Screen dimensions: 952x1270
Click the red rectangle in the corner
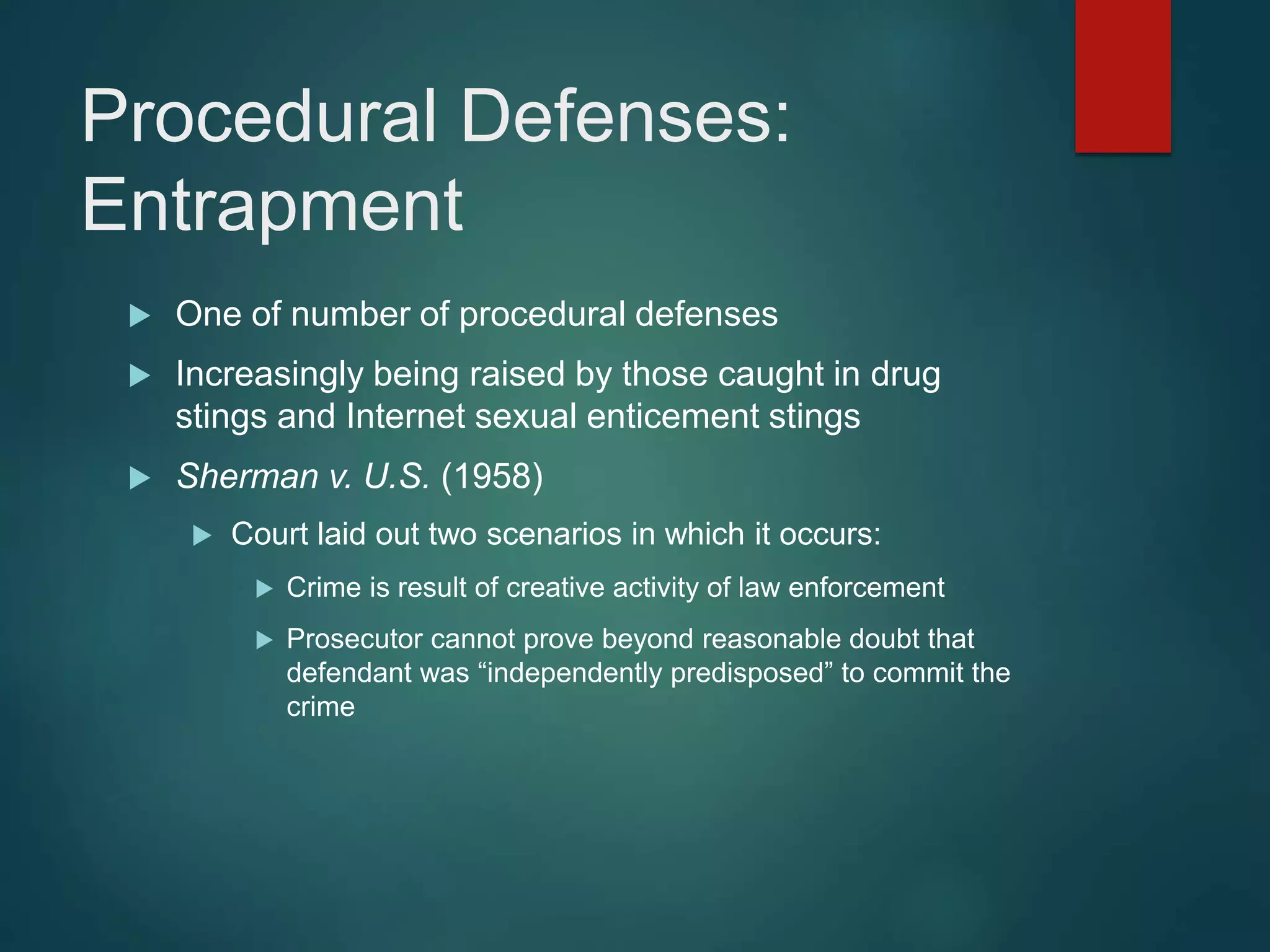pyautogui.click(x=1122, y=76)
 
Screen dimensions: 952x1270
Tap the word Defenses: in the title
pyautogui.click(x=625, y=116)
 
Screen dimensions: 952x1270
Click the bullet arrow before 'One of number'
pyautogui.click(x=140, y=316)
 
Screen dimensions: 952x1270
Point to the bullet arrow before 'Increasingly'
pyautogui.click(x=140, y=376)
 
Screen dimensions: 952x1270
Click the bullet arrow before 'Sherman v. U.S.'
pyautogui.click(x=140, y=478)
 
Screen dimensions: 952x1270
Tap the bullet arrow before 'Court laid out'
pyautogui.click(x=202, y=535)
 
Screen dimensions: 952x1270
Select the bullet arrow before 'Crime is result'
pyautogui.click(x=265, y=589)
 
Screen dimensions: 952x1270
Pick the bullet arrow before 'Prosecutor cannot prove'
pyautogui.click(x=265, y=640)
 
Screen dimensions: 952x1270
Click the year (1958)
pyautogui.click(x=492, y=476)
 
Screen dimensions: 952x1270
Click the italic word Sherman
pyautogui.click(x=247, y=476)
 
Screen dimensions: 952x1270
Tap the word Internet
pyautogui.click(x=406, y=416)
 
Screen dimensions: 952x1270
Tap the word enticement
pyautogui.click(x=672, y=416)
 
